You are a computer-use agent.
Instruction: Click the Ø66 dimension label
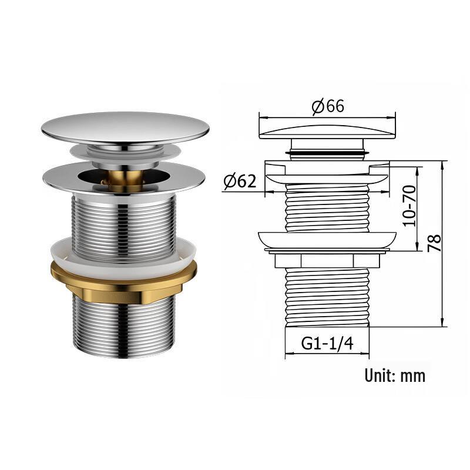(x=327, y=106)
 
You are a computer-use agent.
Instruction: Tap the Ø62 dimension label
(x=239, y=182)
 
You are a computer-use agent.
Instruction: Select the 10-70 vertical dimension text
(x=409, y=206)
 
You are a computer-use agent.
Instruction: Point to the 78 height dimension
(x=434, y=242)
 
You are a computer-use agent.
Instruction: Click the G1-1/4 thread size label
(x=327, y=344)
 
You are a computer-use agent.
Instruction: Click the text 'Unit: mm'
(x=394, y=375)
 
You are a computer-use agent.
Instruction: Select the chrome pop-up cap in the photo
(x=125, y=126)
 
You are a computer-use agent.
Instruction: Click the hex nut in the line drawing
(x=327, y=260)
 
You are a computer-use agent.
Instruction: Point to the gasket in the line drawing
(x=327, y=240)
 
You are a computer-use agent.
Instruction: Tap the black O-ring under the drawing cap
(x=327, y=153)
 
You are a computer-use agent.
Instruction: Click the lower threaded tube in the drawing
(x=327, y=297)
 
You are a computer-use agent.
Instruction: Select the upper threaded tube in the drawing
(x=327, y=206)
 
